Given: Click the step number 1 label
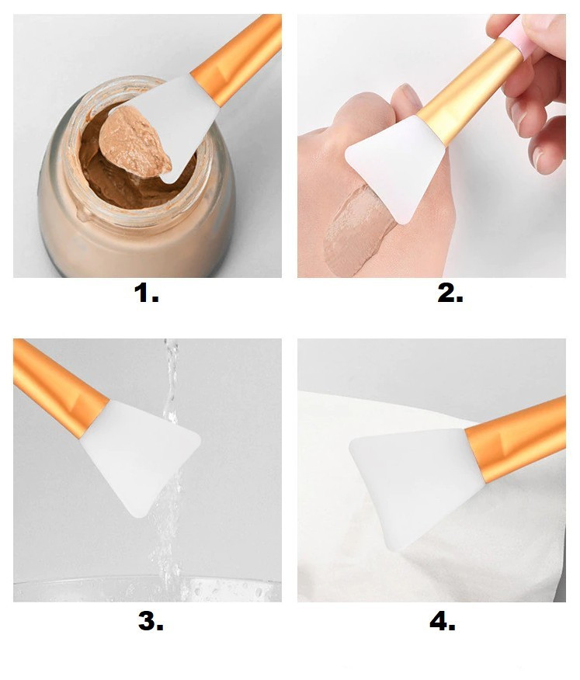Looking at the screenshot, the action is [146, 293].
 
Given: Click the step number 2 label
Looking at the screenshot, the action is [450, 293].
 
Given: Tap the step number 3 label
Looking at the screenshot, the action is [151, 621].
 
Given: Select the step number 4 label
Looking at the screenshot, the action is [443, 621].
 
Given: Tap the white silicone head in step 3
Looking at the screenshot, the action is [140, 456].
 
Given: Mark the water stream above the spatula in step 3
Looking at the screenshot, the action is [171, 380].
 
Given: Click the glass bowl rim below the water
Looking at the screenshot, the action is [148, 583].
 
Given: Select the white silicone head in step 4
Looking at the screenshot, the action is [416, 481].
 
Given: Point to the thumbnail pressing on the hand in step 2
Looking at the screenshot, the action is [409, 95].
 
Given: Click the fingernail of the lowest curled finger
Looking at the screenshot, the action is [539, 158].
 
